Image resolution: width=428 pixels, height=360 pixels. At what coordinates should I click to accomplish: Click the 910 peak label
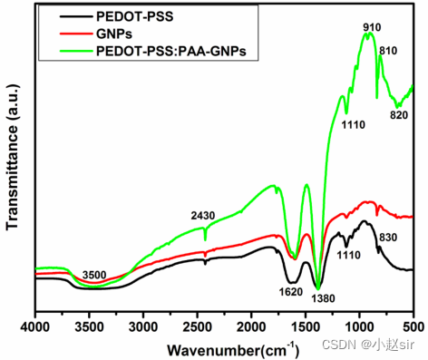(371, 28)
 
